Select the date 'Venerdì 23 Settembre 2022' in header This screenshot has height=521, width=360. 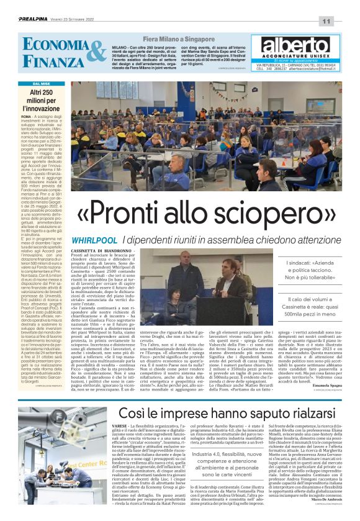click(72, 20)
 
